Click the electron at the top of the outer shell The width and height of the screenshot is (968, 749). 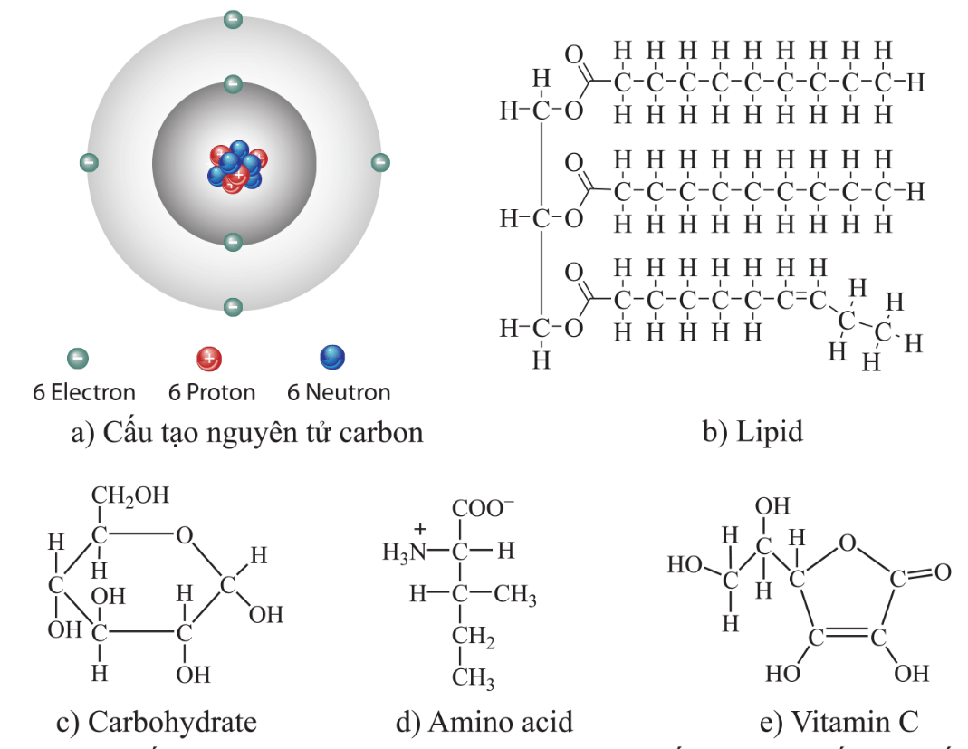233,19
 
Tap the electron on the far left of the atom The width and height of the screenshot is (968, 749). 89,163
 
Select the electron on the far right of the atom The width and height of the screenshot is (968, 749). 380,163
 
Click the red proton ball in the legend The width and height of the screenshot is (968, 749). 208,360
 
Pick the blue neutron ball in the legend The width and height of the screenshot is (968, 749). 332,358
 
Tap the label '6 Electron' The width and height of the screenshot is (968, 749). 84,393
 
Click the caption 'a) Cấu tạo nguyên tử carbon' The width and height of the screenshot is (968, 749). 247,432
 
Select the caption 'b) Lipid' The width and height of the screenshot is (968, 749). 752,432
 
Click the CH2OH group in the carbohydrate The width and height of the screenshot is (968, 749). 129,496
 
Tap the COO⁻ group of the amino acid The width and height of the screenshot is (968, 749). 484,510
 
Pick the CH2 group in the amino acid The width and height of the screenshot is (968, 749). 474,639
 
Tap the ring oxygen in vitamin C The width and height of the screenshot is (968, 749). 847,543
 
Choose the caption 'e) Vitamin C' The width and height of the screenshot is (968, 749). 839,722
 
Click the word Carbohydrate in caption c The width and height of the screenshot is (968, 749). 172,722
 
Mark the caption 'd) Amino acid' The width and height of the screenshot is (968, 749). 484,722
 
